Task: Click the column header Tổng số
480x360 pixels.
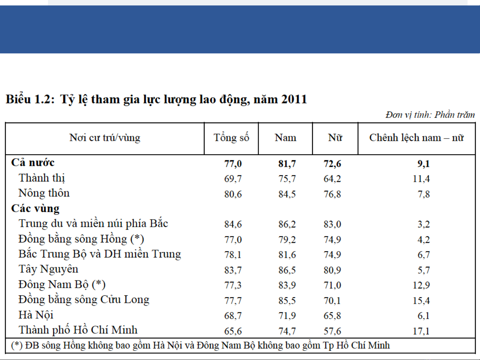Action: pos(232,138)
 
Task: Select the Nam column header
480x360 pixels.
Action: pos(285,138)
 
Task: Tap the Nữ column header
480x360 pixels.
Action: pos(335,138)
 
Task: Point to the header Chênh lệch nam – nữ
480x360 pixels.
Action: pos(417,138)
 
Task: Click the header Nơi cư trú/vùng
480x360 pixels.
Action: pos(105,138)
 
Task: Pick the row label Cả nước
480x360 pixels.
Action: pos(33,163)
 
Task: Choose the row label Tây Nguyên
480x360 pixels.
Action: pos(48,269)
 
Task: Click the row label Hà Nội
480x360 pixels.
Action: pos(36,315)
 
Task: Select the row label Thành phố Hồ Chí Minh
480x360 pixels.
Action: pos(78,330)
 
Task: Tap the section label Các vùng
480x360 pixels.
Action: pos(35,208)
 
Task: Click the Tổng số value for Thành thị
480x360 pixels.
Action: pos(233,179)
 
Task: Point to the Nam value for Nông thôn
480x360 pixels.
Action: pos(287,194)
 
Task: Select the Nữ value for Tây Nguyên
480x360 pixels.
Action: pos(332,270)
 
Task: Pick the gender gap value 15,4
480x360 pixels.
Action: pos(421,300)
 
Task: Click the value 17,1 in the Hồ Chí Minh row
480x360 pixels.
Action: pos(421,331)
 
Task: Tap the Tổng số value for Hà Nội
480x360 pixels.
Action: pos(233,316)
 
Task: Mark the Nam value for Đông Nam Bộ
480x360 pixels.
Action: pos(287,285)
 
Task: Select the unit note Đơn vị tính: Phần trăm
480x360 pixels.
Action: pos(430,115)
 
